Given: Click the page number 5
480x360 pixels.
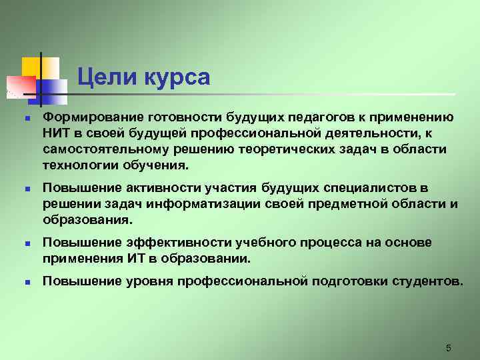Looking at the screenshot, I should click(x=448, y=348).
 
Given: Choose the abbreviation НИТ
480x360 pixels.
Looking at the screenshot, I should click(x=56, y=133).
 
